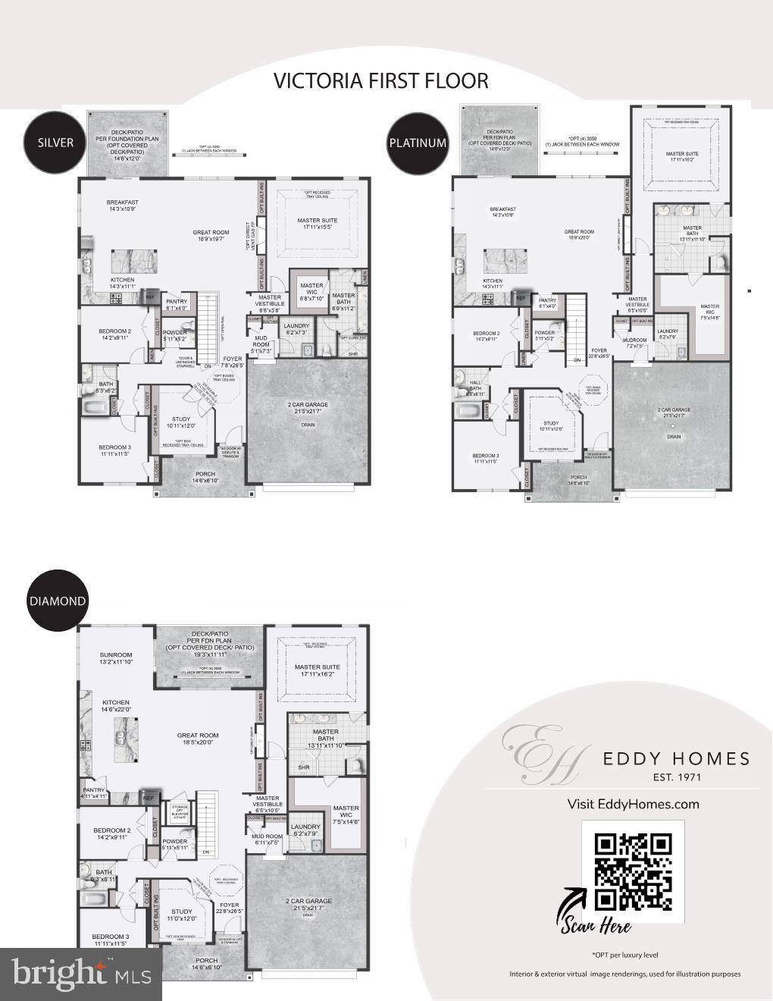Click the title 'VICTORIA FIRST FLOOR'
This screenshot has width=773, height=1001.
pyautogui.click(x=380, y=80)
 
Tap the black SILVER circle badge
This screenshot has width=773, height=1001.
pyautogui.click(x=55, y=143)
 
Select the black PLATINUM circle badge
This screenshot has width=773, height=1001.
pyautogui.click(x=418, y=143)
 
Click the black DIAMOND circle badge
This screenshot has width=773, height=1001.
pyautogui.click(x=58, y=601)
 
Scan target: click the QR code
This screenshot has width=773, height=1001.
pyautogui.click(x=633, y=871)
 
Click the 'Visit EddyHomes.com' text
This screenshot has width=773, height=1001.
pyautogui.click(x=633, y=804)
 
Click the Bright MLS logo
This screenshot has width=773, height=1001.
pyautogui.click(x=80, y=974)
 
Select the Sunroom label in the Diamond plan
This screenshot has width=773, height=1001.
pyautogui.click(x=116, y=658)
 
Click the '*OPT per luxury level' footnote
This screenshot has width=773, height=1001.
pyautogui.click(x=624, y=955)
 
